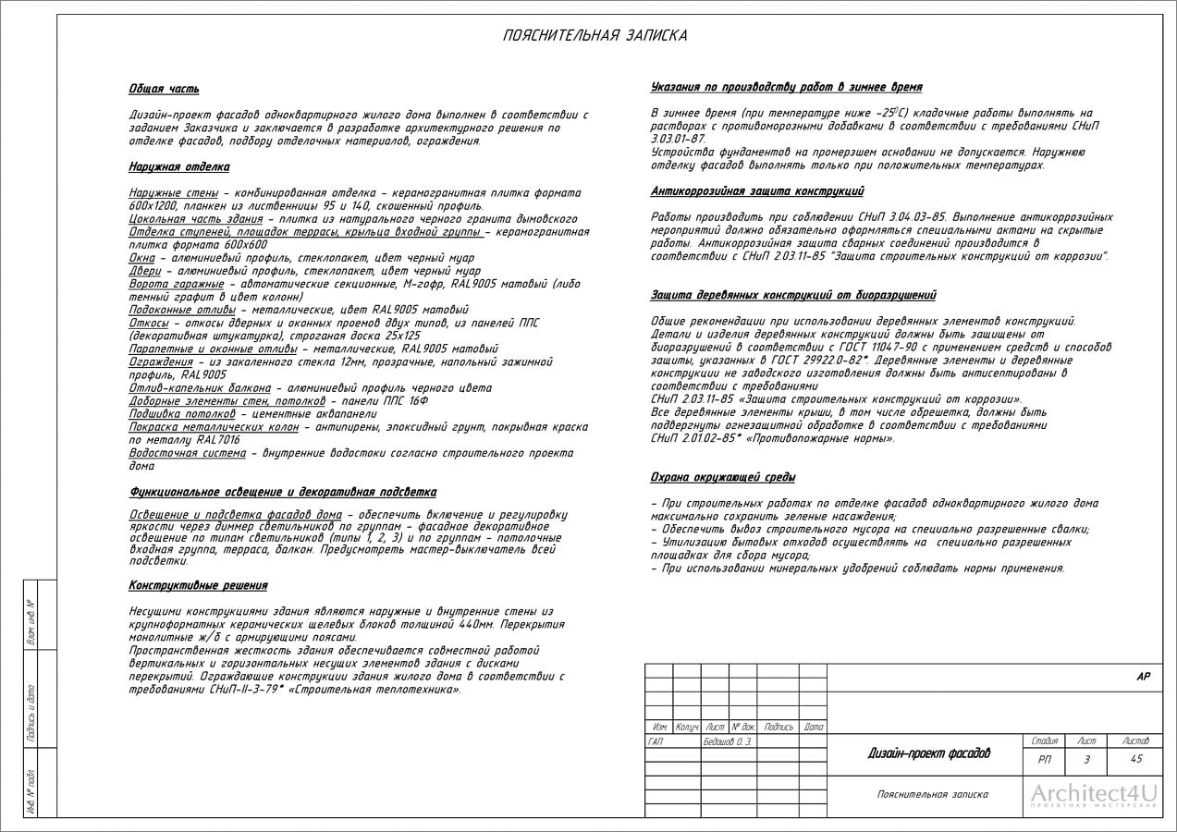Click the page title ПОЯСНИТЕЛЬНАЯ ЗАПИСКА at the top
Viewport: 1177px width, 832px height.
point(595,36)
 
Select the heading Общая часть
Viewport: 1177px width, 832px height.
point(164,90)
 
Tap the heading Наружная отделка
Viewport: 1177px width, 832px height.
point(178,167)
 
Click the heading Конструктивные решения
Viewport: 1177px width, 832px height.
point(198,585)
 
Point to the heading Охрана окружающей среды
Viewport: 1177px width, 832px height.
point(723,477)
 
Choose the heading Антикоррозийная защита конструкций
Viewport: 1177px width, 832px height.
point(757,191)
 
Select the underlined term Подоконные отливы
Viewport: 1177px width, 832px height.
point(182,310)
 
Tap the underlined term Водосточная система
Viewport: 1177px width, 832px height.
point(188,453)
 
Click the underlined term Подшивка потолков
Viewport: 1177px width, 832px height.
point(182,413)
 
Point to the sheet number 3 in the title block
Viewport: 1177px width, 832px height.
point(1086,759)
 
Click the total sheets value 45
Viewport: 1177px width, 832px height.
point(1136,759)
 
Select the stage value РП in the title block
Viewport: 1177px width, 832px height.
point(1044,759)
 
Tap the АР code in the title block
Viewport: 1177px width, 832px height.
point(1143,677)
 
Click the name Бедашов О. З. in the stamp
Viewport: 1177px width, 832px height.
point(728,741)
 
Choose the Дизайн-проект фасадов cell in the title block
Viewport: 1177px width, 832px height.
point(928,753)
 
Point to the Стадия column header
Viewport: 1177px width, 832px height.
point(1044,741)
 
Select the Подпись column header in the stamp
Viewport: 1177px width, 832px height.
point(779,728)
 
